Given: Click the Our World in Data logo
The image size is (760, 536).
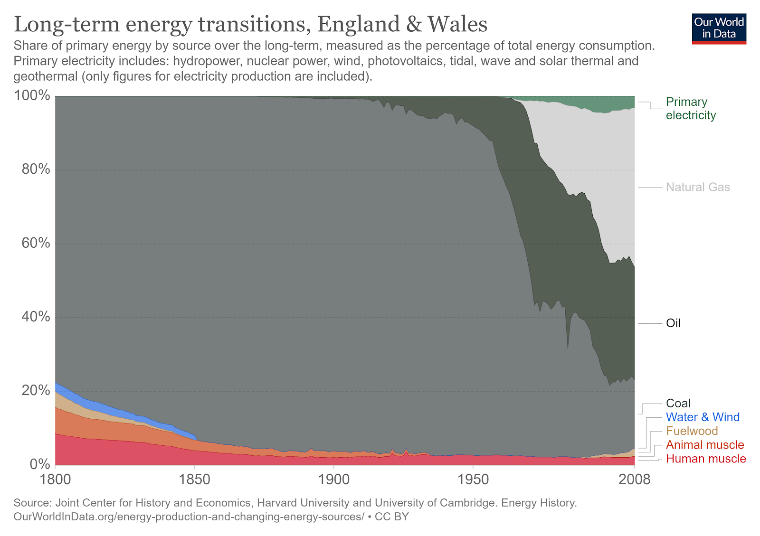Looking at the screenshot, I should [x=719, y=28].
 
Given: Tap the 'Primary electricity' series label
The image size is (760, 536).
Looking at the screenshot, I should [x=690, y=109].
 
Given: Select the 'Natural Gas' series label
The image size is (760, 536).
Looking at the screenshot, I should [x=698, y=187].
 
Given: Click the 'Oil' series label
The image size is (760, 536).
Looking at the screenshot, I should [x=673, y=323].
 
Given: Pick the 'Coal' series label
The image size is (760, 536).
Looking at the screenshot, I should [x=678, y=404].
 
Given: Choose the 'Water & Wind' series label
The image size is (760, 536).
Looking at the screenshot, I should [x=703, y=417].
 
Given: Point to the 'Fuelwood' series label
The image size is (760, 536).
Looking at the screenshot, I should [x=692, y=431].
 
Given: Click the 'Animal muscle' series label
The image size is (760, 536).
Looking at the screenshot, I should [x=705, y=445].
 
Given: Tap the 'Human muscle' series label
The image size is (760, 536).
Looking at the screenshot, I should [x=706, y=459].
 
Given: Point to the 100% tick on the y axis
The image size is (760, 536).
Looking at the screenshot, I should [x=32, y=96].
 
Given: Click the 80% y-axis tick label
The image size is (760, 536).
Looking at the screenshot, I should [x=36, y=169].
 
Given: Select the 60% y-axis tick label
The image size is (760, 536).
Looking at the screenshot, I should [x=36, y=243].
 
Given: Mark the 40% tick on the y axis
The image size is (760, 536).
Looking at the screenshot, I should [x=36, y=317].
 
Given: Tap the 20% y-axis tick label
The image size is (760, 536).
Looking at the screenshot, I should [x=36, y=391].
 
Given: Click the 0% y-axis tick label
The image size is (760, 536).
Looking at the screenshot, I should [x=39, y=464].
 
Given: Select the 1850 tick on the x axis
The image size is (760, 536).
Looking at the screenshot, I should [x=195, y=480].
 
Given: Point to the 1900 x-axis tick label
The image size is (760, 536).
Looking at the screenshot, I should [x=334, y=480].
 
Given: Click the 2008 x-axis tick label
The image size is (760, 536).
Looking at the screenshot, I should [x=634, y=480].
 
